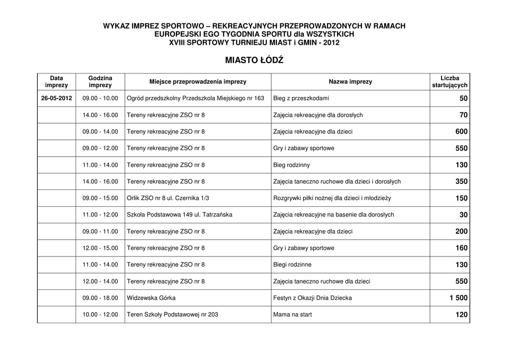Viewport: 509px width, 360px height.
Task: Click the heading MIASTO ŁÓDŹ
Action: coord(254,60)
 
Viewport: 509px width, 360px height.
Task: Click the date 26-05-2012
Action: coord(57,98)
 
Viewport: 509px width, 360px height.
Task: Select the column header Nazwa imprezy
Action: coord(350,82)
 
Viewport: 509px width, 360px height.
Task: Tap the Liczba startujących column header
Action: coord(450,82)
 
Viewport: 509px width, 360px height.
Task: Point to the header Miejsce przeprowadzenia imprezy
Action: coord(198,82)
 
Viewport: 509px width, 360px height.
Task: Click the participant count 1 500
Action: coord(456,298)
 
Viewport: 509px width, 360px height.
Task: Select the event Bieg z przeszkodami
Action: coord(301,98)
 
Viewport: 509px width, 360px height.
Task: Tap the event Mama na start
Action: coord(292,315)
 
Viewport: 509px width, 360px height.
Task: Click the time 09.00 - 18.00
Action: coord(100,298)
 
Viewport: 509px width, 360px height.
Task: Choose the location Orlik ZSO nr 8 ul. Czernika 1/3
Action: coord(168,198)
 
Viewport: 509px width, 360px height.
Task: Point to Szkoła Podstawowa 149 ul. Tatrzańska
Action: coord(179,215)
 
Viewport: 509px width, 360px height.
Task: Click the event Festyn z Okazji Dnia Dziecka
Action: coord(312,298)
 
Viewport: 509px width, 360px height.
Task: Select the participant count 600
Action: coord(461,132)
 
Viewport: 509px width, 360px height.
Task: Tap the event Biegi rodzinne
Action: coord(292,265)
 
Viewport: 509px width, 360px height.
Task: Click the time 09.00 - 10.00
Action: coord(100,98)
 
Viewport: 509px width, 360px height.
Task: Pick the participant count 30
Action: coord(463,215)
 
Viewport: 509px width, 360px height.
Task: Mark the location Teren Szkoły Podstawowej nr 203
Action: coord(172,315)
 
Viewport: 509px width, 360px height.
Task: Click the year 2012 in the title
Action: coord(331,43)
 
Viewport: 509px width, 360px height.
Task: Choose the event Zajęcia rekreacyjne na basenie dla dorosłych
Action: coord(334,215)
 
